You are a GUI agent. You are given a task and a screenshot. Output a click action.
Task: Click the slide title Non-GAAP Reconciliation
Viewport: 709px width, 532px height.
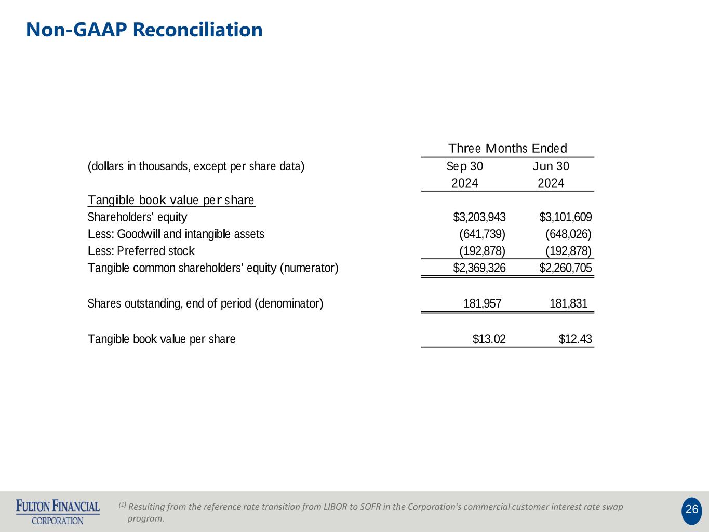click(144, 30)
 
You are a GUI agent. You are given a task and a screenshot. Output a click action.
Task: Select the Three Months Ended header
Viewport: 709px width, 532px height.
click(507, 149)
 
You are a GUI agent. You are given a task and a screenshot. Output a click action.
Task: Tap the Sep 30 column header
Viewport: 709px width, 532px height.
click(464, 166)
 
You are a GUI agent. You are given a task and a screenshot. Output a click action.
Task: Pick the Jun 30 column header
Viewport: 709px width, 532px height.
click(551, 166)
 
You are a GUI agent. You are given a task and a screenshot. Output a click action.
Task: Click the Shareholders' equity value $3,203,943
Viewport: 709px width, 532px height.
click(479, 217)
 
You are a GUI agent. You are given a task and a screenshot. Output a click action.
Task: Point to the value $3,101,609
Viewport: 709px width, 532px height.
click(565, 217)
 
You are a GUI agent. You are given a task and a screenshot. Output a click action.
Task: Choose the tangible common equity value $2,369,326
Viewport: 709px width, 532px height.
click(479, 268)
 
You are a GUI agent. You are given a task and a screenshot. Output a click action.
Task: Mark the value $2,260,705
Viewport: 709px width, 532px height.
click(565, 268)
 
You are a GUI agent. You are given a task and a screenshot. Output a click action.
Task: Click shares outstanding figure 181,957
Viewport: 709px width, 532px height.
click(483, 303)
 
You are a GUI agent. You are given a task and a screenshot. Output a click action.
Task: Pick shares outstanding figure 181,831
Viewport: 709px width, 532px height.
click(568, 303)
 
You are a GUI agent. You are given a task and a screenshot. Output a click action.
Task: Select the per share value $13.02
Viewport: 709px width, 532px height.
click(489, 339)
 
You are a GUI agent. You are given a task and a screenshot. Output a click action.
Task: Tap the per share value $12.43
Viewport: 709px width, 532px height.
click(575, 339)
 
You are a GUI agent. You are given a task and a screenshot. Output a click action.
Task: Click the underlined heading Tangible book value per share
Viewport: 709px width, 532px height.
click(171, 201)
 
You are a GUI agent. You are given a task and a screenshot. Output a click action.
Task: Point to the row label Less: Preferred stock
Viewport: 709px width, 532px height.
click(141, 251)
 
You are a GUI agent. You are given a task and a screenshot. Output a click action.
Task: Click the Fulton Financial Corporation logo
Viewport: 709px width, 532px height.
click(58, 511)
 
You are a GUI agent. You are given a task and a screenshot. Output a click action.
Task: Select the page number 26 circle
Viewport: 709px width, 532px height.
click(691, 510)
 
